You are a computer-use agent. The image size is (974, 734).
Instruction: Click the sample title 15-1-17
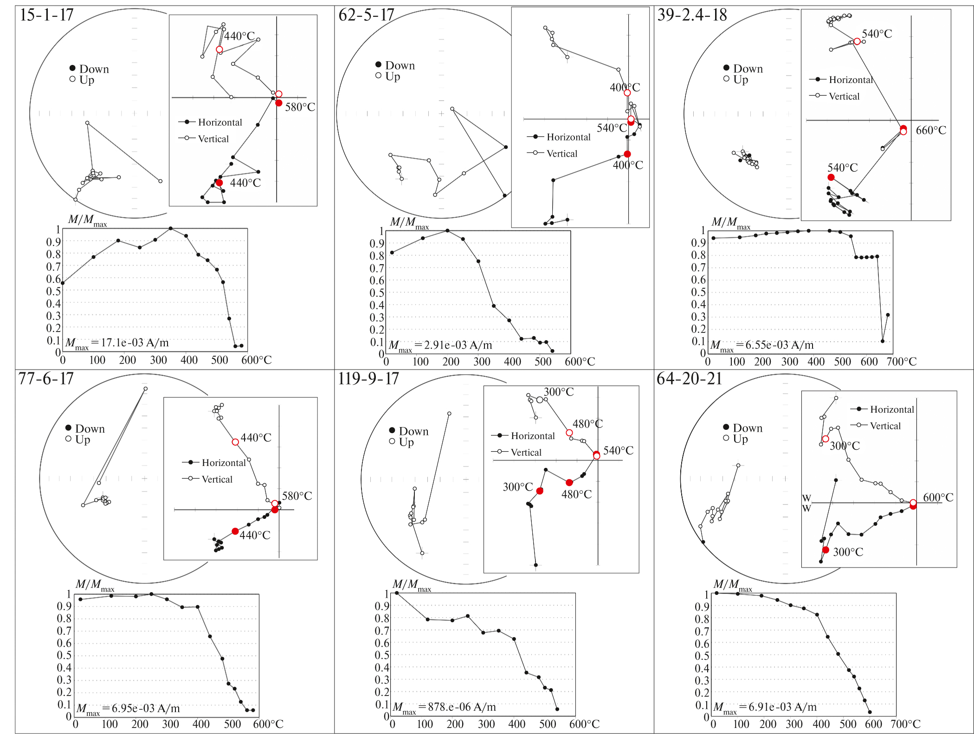[46, 15]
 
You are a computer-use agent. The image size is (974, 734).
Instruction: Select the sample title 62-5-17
[366, 15]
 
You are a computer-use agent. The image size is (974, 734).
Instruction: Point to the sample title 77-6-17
[46, 379]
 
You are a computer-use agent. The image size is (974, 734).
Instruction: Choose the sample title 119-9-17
[368, 379]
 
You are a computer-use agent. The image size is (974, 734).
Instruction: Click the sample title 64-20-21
[689, 379]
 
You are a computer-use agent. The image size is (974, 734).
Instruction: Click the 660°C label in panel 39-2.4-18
[930, 130]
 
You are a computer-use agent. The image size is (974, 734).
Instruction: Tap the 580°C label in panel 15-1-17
[300, 107]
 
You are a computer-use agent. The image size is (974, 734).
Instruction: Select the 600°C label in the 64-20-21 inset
[938, 498]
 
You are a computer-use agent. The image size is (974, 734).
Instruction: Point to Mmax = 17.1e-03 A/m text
[117, 343]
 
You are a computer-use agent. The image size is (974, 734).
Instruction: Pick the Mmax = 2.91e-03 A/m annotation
[440, 345]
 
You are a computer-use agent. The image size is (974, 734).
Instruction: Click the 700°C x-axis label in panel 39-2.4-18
[901, 362]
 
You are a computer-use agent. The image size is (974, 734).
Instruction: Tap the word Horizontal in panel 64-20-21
[892, 409]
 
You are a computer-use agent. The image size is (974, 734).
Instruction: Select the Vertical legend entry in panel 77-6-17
[217, 479]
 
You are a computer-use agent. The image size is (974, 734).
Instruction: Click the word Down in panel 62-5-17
[400, 65]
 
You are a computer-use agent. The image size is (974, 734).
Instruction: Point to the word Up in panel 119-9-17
[406, 442]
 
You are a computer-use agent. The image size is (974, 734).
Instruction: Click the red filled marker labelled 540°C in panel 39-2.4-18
[831, 178]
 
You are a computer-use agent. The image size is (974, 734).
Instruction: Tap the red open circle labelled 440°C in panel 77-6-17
[235, 442]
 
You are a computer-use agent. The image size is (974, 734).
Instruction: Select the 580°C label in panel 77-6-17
[297, 496]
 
